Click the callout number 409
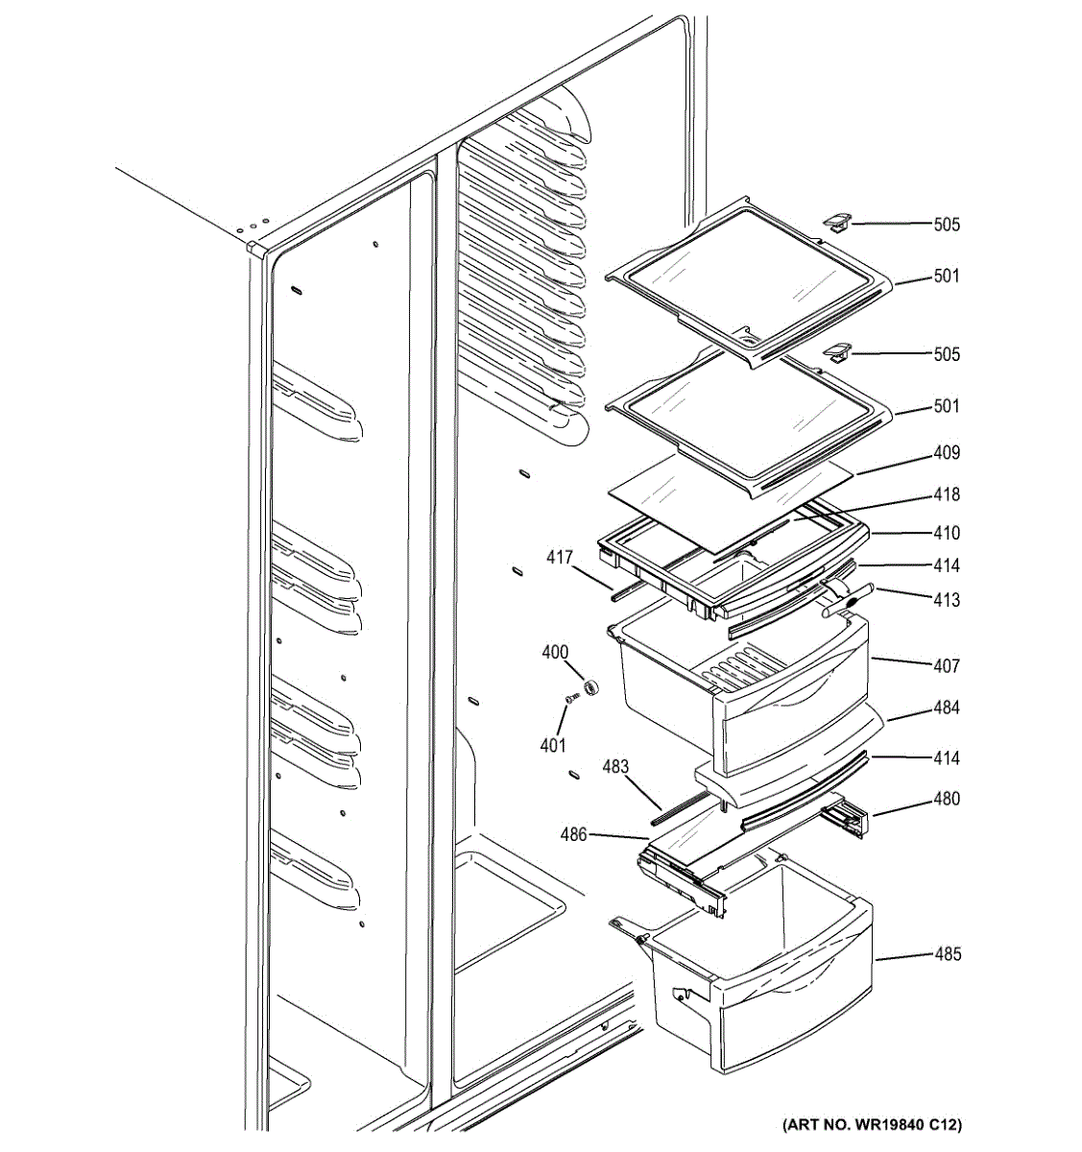(x=946, y=453)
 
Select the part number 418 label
(x=946, y=494)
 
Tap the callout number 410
(x=946, y=533)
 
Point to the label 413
(x=946, y=600)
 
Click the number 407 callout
(x=946, y=665)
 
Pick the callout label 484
(x=946, y=708)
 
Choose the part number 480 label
(x=946, y=799)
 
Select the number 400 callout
(x=555, y=653)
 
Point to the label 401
(x=553, y=744)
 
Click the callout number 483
(x=615, y=766)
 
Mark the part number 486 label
(x=575, y=835)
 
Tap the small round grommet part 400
(x=590, y=686)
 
